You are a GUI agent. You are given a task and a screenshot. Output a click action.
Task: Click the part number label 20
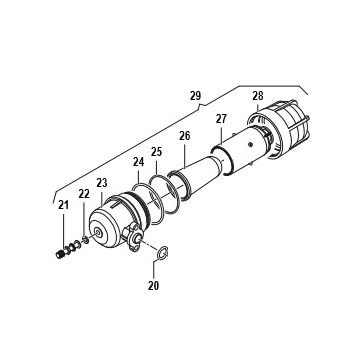(x=154, y=285)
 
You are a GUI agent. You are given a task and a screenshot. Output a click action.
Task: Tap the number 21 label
(x=63, y=205)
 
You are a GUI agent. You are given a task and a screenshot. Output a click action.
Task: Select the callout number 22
(x=84, y=194)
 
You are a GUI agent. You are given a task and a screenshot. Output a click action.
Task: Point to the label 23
(x=102, y=183)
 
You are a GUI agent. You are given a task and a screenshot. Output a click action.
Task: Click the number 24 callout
(x=138, y=162)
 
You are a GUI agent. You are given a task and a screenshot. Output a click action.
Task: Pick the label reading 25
(x=156, y=152)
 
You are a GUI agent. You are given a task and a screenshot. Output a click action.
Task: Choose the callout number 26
(x=184, y=136)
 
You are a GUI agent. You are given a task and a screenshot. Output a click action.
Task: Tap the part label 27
(x=221, y=119)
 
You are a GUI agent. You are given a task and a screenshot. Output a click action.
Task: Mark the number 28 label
(x=258, y=96)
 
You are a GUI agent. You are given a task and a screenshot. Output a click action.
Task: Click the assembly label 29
(x=196, y=96)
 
